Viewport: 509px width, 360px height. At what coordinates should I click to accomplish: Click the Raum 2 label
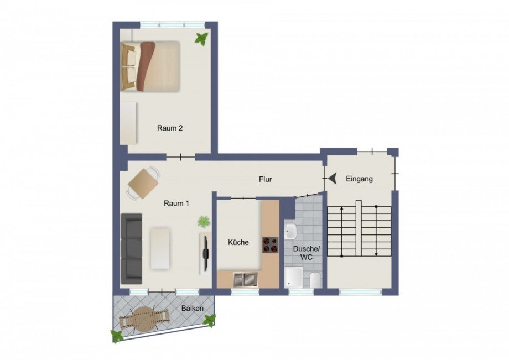[x=170, y=128]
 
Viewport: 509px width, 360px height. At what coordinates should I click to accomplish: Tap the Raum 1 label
[x=176, y=204]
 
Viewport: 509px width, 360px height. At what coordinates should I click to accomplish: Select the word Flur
[x=265, y=179]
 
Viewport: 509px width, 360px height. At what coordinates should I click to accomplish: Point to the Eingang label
[x=359, y=179]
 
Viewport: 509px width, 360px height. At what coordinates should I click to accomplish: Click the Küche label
[x=238, y=242]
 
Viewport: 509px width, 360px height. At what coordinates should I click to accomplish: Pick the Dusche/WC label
[x=307, y=253]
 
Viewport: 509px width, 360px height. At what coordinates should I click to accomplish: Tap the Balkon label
[x=193, y=308]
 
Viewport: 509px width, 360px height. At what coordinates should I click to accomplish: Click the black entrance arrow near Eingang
[x=332, y=179]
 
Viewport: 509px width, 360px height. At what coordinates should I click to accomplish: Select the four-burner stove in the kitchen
[x=271, y=245]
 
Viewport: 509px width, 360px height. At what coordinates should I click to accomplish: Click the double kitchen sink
[x=246, y=280]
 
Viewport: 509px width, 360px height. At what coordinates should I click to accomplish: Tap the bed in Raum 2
[x=150, y=66]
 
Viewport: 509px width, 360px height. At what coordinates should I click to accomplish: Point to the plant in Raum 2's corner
[x=201, y=39]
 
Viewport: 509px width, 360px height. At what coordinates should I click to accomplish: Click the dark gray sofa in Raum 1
[x=132, y=249]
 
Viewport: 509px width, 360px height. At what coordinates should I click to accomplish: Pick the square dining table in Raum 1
[x=143, y=184]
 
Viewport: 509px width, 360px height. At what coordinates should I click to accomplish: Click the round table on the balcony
[x=144, y=319]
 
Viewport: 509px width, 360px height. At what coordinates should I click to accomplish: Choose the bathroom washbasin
[x=290, y=231]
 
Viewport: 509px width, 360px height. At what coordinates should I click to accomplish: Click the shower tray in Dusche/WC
[x=294, y=278]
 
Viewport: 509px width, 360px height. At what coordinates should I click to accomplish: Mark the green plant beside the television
[x=204, y=222]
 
